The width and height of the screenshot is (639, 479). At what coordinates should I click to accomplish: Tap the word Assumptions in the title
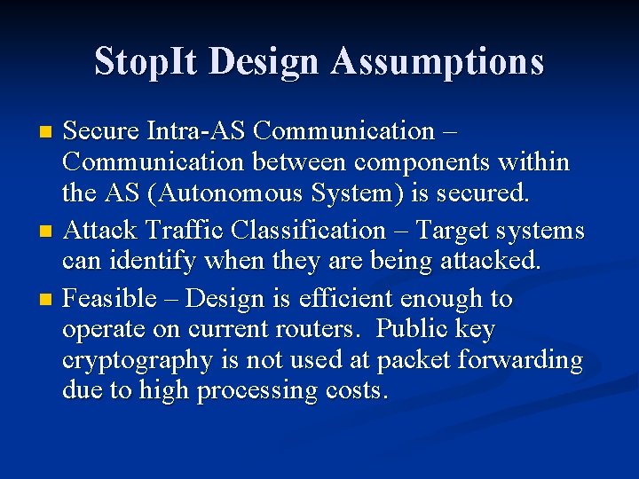point(438,62)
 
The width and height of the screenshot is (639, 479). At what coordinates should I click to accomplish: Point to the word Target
point(458,231)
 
